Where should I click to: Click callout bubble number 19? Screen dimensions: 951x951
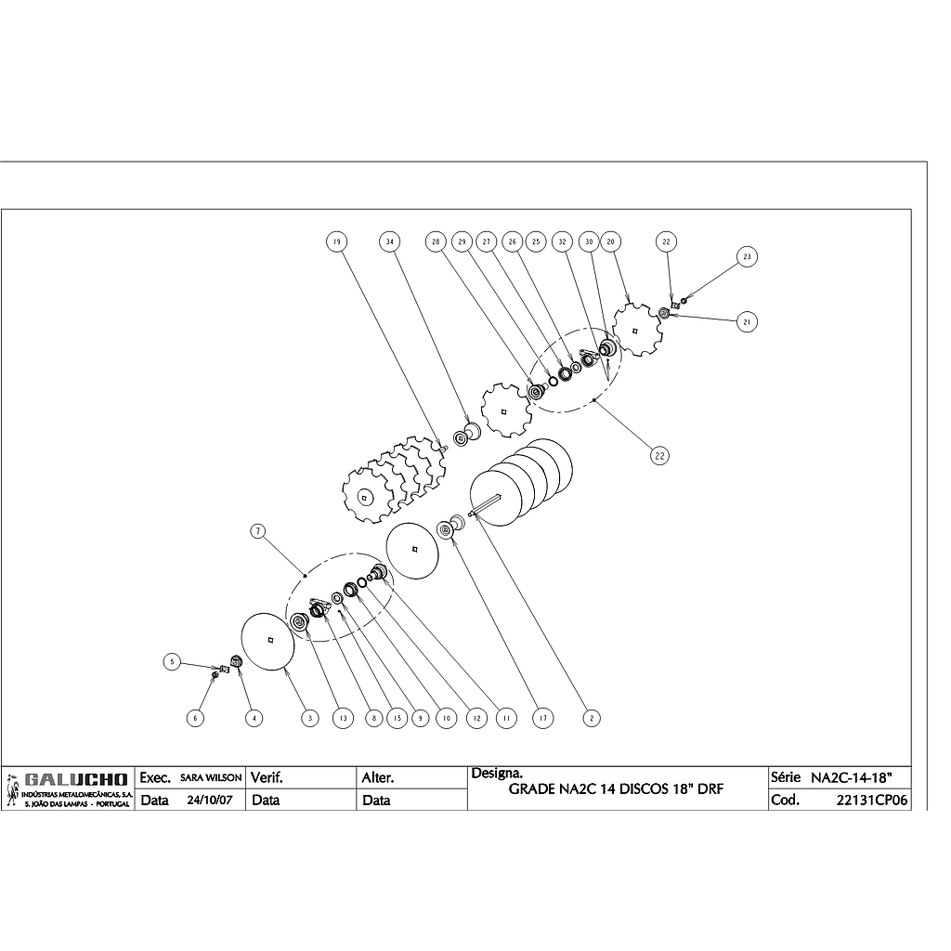pos(336,242)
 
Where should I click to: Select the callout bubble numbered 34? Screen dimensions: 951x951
pos(389,242)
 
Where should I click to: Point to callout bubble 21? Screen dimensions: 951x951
pos(746,321)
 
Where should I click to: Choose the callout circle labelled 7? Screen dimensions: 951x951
pos(258,531)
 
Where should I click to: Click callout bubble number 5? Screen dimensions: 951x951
pos(171,662)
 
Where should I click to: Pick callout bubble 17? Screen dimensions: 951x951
pos(541,718)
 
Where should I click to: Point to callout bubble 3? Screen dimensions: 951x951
pos(309,718)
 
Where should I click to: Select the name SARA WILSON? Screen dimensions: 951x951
pos(211,777)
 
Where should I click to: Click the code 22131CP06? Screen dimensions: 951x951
pos(871,800)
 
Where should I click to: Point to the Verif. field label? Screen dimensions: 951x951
pos(267,776)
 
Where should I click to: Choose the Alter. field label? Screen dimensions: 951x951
pos(378,776)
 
